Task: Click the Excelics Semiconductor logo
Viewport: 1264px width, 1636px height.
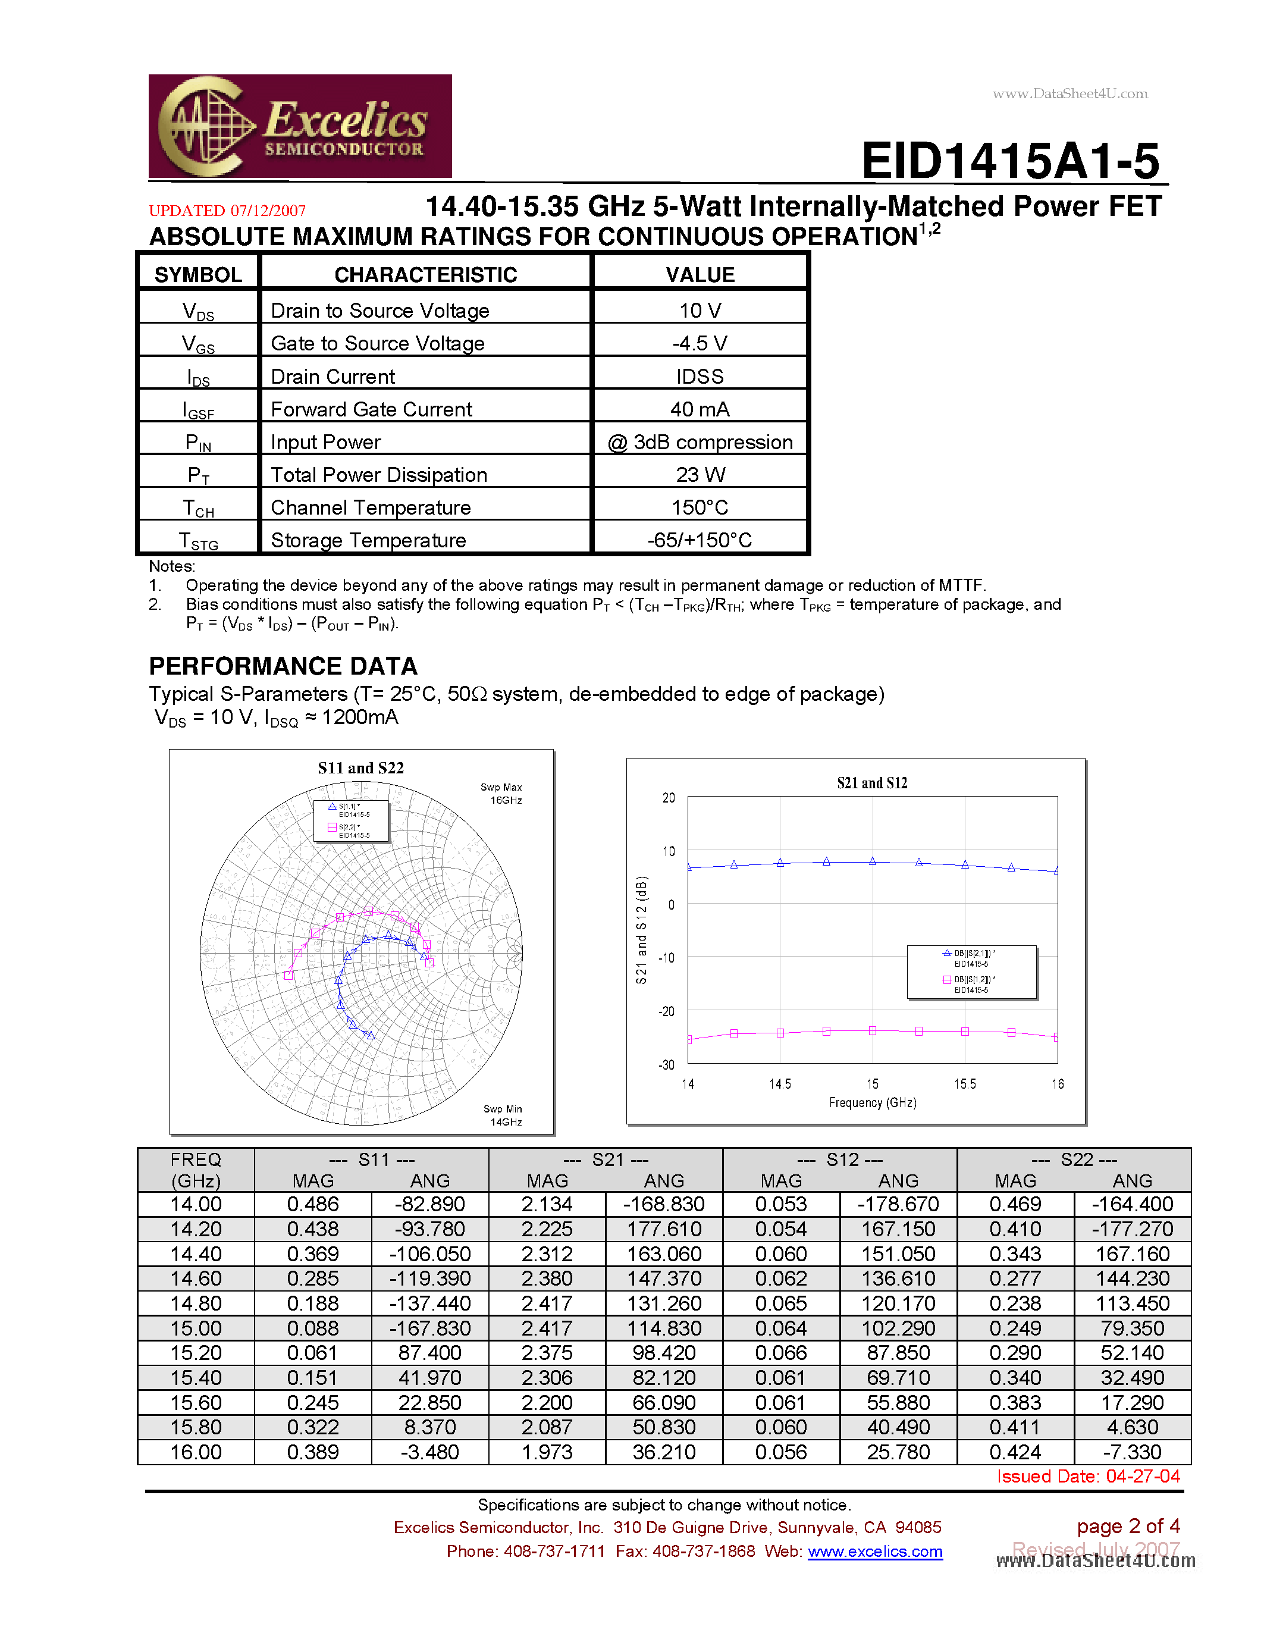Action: coord(300,126)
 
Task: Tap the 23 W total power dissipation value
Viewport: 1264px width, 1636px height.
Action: coord(700,474)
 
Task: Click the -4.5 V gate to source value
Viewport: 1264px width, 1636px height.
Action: coord(700,343)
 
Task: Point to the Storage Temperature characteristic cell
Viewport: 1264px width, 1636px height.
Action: coord(368,540)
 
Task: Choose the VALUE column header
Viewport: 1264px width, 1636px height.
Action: coord(700,274)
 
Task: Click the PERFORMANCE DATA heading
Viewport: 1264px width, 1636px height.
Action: coord(283,666)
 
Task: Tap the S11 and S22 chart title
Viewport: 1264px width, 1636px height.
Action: coord(360,768)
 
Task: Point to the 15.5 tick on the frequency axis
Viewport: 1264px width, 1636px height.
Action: coord(964,1084)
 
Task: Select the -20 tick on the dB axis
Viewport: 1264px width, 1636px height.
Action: coord(666,1011)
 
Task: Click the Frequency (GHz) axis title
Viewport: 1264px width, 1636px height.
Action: coord(873,1102)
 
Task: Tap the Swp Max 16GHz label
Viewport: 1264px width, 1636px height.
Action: coord(501,793)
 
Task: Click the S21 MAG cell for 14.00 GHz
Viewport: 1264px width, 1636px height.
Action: coord(547,1204)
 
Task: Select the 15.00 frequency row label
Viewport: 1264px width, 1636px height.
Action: coord(196,1328)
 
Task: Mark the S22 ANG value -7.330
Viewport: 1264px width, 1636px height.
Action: coord(1131,1452)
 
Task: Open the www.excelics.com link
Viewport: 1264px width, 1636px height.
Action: coord(874,1552)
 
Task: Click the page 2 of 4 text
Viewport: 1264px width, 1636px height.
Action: coord(1128,1526)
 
